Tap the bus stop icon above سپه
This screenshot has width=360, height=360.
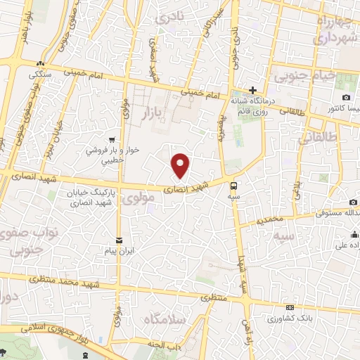click(x=233, y=186)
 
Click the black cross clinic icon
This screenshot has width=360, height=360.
click(x=252, y=90)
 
